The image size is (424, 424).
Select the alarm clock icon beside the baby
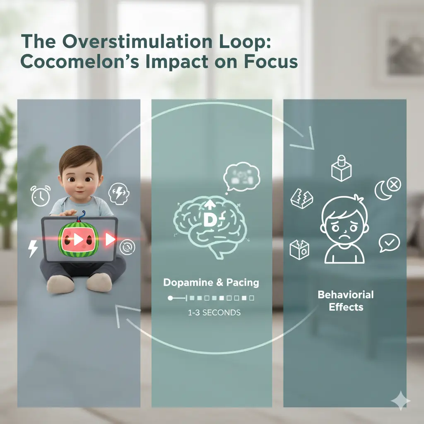tap(41, 195)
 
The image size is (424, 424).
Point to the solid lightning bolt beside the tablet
tap(33, 248)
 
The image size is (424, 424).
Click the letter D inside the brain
tap(208, 221)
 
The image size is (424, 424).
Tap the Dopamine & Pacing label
tap(211, 283)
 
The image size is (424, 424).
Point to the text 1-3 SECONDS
tap(214, 313)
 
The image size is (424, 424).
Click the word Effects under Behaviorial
tap(346, 307)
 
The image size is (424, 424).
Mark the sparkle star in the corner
tap(400, 400)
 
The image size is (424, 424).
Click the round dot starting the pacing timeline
tap(170, 298)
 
